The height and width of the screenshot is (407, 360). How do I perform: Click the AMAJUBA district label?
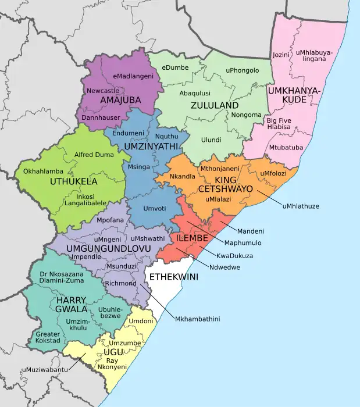pos(120,101)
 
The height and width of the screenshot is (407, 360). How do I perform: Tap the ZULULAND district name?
pos(214,106)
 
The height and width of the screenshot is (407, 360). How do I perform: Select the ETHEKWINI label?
pos(173,277)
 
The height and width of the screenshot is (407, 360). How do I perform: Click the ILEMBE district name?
pos(188,238)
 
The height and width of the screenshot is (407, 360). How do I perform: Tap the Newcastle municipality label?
pos(103,91)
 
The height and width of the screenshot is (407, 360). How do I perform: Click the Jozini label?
pos(281,55)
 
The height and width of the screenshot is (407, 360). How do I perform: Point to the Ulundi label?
pos(211,140)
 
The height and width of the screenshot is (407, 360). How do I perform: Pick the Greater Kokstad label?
pos(48,337)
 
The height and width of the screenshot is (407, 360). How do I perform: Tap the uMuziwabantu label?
pos(45,369)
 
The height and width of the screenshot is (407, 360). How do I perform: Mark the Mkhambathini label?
pos(197,319)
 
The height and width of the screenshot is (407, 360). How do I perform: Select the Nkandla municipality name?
pos(182,176)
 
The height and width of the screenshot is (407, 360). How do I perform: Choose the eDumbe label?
pos(175,68)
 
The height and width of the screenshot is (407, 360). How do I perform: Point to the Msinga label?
pos(139,167)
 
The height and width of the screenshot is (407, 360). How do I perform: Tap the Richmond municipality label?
pos(120,283)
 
